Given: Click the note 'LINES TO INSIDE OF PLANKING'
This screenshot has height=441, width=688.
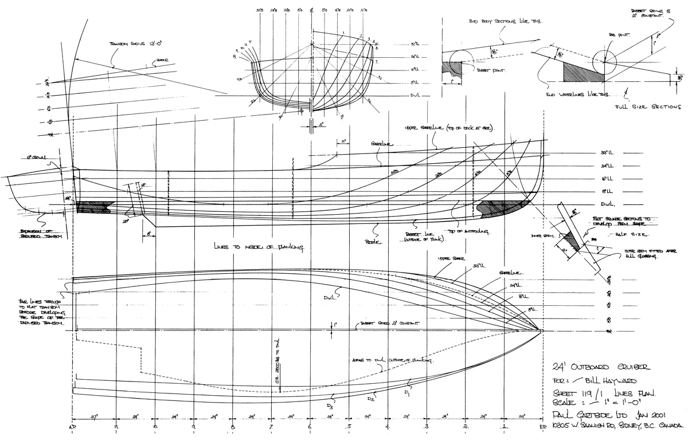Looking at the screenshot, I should [259, 246].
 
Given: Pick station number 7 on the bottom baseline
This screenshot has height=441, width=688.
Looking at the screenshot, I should [271, 427].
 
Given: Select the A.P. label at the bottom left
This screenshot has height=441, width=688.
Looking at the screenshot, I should [73, 428].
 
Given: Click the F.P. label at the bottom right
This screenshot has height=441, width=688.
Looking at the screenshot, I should [542, 428].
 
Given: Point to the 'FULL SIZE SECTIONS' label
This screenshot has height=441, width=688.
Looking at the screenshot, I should [648, 107].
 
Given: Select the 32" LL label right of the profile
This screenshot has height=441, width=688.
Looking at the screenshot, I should [607, 153].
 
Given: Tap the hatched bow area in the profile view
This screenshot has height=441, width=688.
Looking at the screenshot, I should [502, 209].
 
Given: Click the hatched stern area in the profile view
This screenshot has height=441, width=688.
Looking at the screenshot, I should [92, 207].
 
